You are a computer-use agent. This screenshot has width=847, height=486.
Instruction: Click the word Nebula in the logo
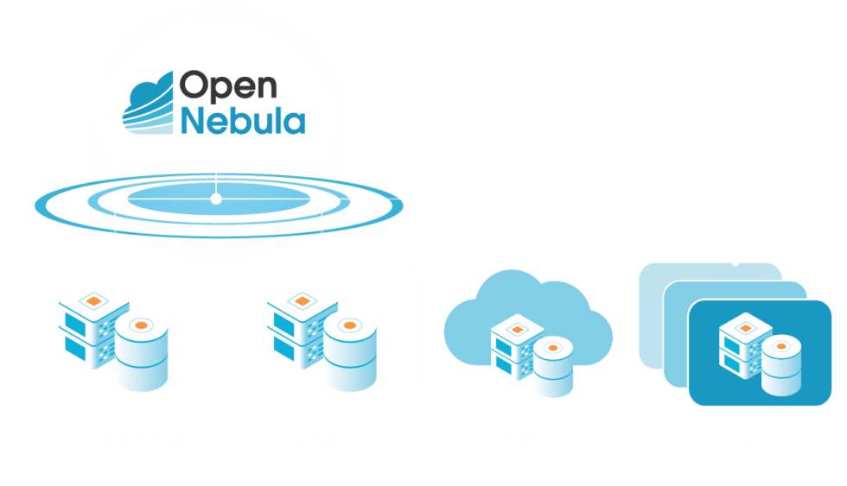tap(242, 121)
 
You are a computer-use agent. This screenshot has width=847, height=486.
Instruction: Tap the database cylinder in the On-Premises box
tap(141, 350)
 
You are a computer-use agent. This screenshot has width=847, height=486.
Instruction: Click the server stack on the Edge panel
tap(741, 344)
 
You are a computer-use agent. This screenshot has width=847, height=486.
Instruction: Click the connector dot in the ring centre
tap(216, 199)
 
